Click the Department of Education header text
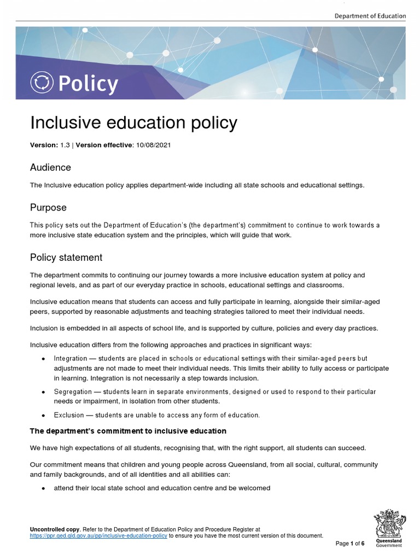(x=370, y=16)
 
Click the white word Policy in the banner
(x=87, y=84)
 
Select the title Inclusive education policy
(x=133, y=123)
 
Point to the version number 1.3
(x=65, y=145)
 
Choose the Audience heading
(x=50, y=167)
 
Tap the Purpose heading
(x=48, y=207)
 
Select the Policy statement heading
(x=66, y=257)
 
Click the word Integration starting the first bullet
(x=71, y=358)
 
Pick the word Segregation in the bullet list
(x=72, y=392)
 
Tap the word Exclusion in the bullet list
(x=68, y=415)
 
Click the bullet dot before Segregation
(x=43, y=393)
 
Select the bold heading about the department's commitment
(x=128, y=431)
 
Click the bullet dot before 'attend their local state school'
(x=43, y=488)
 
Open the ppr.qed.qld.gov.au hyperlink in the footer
(x=98, y=535)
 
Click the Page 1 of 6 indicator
(x=350, y=543)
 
